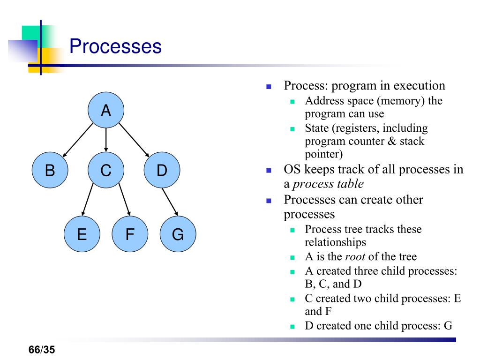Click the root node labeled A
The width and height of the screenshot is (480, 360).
point(106,111)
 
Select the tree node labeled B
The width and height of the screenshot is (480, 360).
point(50,171)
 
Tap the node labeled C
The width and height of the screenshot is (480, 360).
point(106,171)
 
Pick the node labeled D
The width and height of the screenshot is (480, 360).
point(162,171)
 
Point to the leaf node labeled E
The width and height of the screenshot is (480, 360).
point(82,234)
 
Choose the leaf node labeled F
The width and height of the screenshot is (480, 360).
point(130,234)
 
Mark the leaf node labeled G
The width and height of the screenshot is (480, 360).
point(178,234)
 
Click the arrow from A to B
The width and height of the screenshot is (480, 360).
point(78,140)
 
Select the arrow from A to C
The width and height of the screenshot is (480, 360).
point(106,140)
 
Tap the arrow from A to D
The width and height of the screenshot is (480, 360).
point(134,140)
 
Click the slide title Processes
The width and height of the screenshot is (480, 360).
point(115,47)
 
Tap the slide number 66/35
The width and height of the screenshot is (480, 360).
point(42,350)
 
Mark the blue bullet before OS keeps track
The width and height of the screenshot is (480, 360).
point(269,171)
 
